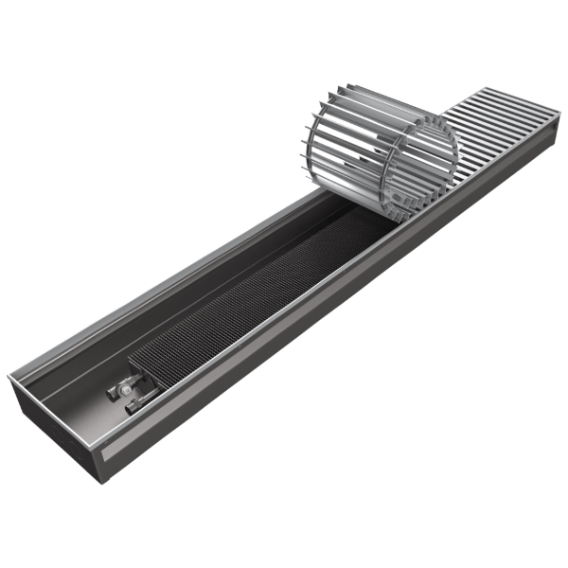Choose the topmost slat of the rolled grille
pyautogui.click(x=398, y=97)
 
